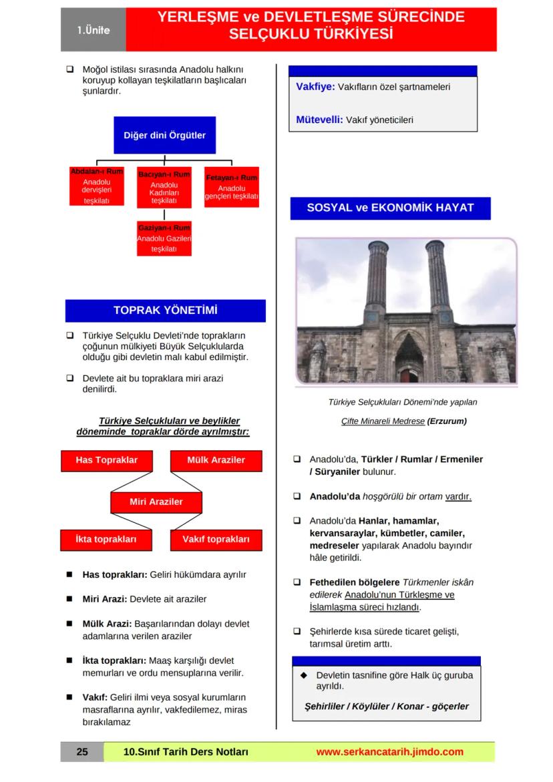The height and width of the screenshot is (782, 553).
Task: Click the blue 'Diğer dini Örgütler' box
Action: coord(164,136)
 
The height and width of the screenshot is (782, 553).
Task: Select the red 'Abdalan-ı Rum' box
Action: coord(97,186)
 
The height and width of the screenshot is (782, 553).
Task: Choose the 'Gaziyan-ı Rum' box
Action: coord(164,238)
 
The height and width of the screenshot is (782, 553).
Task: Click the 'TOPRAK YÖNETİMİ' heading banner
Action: coord(165,311)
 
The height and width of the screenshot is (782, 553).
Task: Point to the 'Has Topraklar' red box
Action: coord(107,461)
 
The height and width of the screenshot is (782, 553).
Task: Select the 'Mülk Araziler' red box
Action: coord(216,461)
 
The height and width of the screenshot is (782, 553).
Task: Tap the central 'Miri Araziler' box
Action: coord(156,502)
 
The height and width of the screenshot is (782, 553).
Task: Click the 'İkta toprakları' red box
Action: coord(107,540)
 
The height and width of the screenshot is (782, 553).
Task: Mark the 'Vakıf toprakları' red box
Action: coord(216,540)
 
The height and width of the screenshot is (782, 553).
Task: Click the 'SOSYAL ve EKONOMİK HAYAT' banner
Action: coord(390,208)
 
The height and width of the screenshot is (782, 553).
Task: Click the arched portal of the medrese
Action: coord(409,354)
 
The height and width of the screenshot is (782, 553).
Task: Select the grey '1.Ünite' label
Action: coord(94,31)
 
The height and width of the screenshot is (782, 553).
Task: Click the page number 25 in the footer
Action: coord(82,752)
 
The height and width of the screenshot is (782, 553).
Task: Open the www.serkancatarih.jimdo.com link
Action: coord(389,752)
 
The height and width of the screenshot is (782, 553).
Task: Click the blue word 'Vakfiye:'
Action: coord(315,87)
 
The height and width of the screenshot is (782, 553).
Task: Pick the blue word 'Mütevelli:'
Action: coord(319,120)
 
